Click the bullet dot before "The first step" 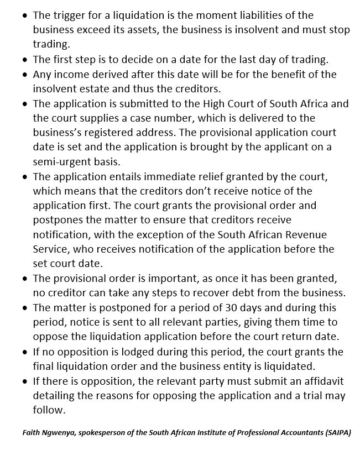(25, 60)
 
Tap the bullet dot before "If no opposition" (25, 352)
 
